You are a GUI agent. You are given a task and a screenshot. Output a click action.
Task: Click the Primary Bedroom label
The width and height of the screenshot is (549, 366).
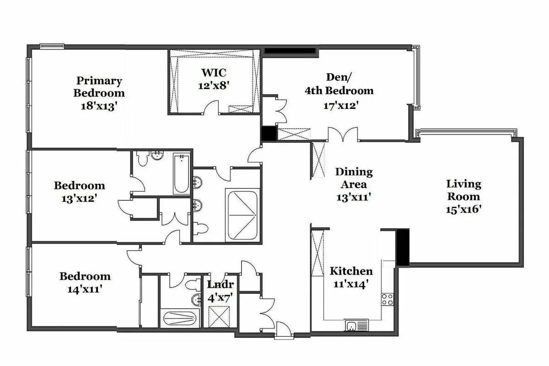coord(99,87)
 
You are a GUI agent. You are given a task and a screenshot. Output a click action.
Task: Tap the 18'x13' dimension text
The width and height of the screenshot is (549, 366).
coord(99,105)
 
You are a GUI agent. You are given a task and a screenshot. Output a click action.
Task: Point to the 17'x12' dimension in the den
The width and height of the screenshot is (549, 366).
coord(339,105)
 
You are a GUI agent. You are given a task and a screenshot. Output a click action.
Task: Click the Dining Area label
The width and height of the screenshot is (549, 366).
coord(354,178)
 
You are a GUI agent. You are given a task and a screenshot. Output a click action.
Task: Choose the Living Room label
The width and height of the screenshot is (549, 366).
coord(464,190)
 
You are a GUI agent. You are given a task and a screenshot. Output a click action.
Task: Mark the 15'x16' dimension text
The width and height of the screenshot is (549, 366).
coord(464,209)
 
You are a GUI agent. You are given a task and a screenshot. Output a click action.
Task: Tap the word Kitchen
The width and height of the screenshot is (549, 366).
coord(351,271)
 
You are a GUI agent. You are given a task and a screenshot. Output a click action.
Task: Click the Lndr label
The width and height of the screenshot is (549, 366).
coord(221,284)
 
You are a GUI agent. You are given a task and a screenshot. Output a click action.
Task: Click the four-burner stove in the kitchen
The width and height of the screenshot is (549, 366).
coord(388,299)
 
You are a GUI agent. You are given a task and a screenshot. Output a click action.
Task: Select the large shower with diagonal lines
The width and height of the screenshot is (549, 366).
coord(242,215)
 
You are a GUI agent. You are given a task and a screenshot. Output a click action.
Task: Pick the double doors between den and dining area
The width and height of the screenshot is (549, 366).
coord(343,135)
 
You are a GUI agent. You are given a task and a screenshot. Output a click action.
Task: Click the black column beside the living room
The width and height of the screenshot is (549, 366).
coord(402,248)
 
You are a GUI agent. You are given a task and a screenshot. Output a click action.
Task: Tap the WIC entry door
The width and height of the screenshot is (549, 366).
coord(210,110)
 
